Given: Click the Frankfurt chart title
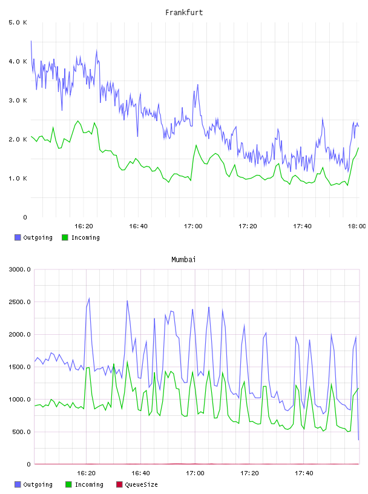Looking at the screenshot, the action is tap(184, 13).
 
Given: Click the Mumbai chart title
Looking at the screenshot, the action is tap(183, 260).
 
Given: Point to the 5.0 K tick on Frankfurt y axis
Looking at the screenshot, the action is tap(18, 22).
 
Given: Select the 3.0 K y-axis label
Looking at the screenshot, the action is tap(18, 100).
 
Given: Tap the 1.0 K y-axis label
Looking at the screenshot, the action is tap(18, 179).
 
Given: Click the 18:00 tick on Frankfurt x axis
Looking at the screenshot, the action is tap(356, 226).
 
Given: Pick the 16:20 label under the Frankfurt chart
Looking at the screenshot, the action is tap(84, 226).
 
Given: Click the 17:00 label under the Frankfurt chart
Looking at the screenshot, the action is tap(193, 226).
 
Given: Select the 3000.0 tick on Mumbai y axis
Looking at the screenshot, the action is tap(20, 269).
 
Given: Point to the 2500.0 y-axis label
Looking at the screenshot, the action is tap(20, 302).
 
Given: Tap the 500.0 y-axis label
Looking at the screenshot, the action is tap(21, 432).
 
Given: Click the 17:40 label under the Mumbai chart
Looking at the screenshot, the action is tap(304, 473).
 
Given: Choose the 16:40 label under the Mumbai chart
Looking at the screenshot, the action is tap(140, 473).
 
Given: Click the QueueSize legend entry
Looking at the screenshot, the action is tap(137, 484).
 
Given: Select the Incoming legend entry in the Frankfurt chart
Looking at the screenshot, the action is tap(81, 237).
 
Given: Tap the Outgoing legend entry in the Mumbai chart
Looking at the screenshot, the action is tap(34, 484).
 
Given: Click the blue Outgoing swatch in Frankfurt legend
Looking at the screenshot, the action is tap(18, 237).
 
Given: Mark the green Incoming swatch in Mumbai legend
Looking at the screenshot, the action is tap(68, 484).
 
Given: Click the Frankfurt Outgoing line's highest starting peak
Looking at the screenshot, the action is tap(31, 41).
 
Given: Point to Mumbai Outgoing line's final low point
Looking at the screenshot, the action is tap(358, 440).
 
